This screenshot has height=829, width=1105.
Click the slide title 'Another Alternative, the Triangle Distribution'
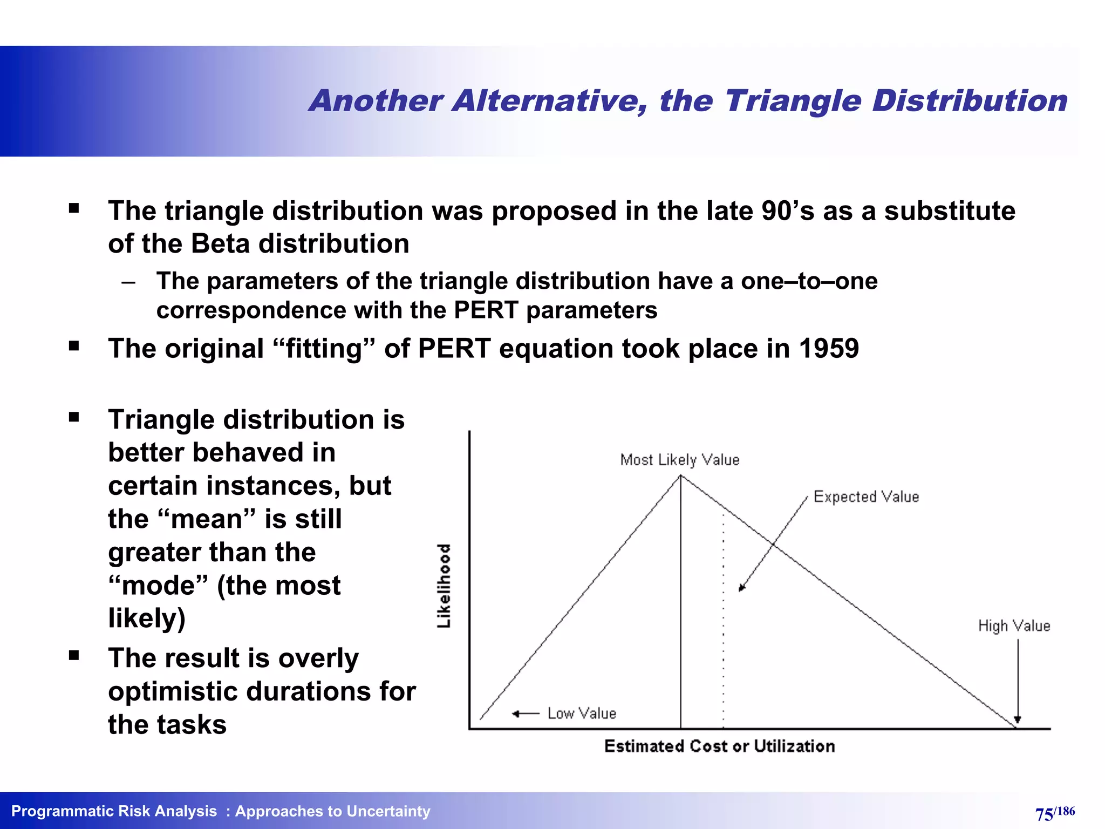[x=688, y=101]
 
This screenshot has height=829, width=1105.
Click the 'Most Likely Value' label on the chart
[x=679, y=460]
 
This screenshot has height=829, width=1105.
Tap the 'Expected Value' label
[x=865, y=497]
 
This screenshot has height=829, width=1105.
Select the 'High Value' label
[x=1014, y=626]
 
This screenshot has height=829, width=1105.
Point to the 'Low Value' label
[x=581, y=714]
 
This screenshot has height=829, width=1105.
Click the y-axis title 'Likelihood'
[x=444, y=586]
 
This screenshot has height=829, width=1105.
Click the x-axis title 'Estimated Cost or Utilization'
[x=719, y=746]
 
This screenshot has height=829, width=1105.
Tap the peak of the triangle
[x=680, y=476]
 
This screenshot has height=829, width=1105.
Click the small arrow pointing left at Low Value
[x=517, y=714]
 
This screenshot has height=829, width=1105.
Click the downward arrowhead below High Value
[x=1018, y=719]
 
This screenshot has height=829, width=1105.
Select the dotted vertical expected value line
[x=723, y=621]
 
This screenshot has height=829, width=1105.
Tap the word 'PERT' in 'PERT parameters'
[x=486, y=310]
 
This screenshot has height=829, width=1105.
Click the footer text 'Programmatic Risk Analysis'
[x=114, y=811]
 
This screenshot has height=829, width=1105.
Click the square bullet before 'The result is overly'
[x=74, y=656]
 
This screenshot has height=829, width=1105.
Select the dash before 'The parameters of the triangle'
[x=128, y=282]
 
